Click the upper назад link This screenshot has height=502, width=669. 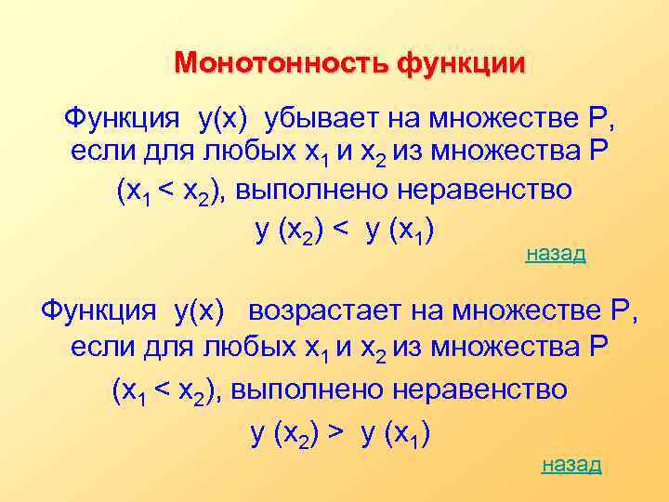(556, 254)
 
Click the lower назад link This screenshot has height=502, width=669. (571, 464)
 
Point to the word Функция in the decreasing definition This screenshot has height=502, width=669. (121, 119)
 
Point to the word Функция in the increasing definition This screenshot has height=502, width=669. (98, 310)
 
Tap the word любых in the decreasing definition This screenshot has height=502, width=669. (218, 152)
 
